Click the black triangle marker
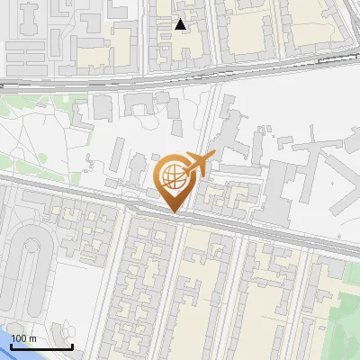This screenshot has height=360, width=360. pos(181,24)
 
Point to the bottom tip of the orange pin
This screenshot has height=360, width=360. pos(175,211)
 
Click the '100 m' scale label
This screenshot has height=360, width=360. pos(24,337)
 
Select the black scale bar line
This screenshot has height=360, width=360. pos(42,346)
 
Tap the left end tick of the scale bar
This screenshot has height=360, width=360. pos(13,344)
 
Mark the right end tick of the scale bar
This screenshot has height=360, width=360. pos(72,344)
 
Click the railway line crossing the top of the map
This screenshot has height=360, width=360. pos(180,76)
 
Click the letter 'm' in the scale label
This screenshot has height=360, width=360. pos(32,337)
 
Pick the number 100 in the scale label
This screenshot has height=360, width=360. pos(20,337)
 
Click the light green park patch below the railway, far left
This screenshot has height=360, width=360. pos(27,108)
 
